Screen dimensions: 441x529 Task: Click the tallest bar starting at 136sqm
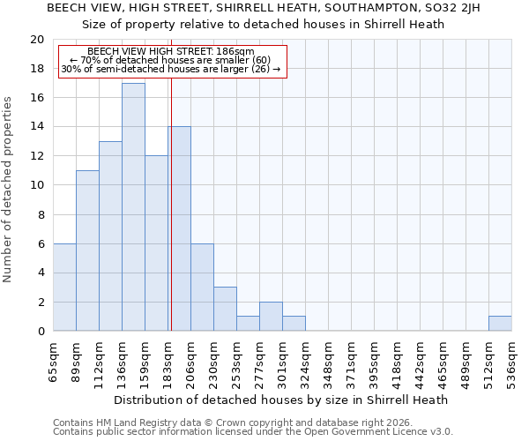coord(133,207)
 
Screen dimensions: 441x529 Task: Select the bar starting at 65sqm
coord(64,288)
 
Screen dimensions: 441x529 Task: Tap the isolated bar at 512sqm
coord(500,324)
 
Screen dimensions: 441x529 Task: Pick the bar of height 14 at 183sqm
coord(179,229)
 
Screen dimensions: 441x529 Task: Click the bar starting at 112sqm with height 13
coord(110,236)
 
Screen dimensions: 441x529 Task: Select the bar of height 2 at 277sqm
coord(271,317)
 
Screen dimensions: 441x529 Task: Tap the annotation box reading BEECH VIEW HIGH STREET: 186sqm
coord(173,61)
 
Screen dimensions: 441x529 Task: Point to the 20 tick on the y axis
coord(37,40)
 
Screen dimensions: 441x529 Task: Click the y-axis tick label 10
coord(37,185)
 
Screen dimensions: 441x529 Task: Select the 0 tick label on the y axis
coord(41,332)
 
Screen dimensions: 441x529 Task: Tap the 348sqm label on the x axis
coord(329,363)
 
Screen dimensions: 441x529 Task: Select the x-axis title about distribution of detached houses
coord(281,400)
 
